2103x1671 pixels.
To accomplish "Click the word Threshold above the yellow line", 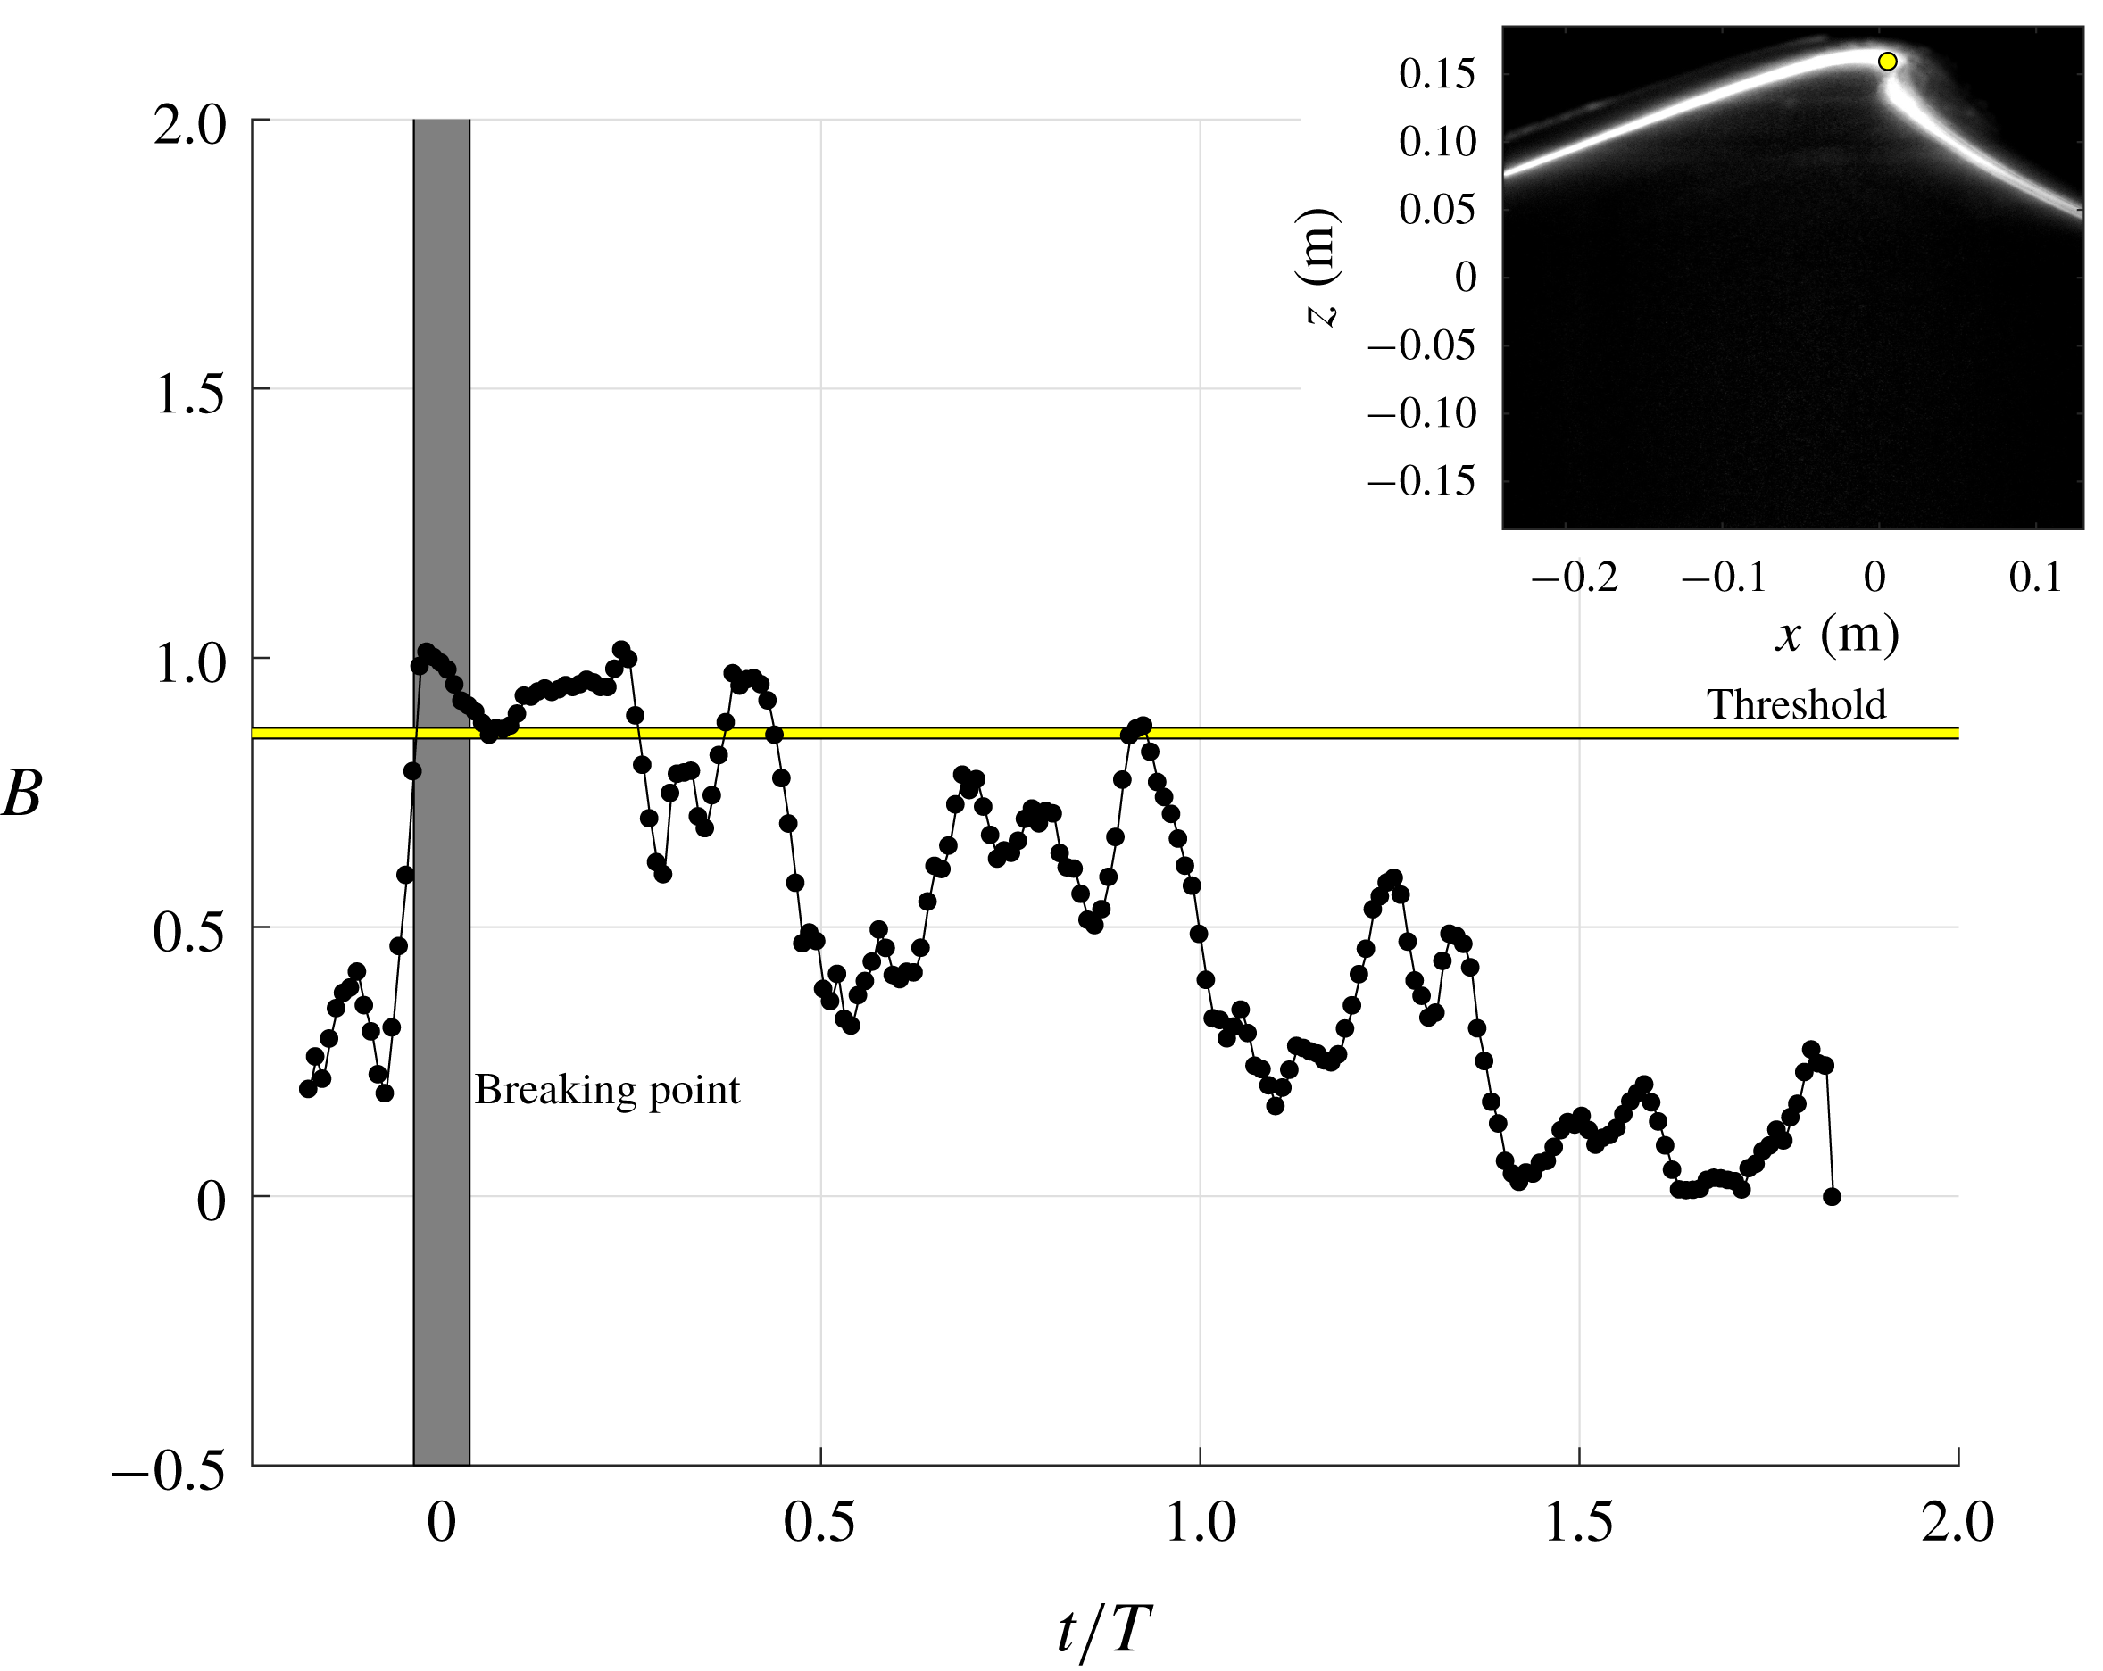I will pos(1796,704).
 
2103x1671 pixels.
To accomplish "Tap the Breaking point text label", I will pos(607,1090).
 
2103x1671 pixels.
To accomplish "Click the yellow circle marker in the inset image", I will pos(1887,62).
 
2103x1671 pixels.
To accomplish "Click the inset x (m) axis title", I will pos(1836,635).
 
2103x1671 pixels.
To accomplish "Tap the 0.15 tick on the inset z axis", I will pos(1437,74).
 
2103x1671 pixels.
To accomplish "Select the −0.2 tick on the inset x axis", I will pos(1574,578).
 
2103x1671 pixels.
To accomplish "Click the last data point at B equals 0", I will pos(1832,1197).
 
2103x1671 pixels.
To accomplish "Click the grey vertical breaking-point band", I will pos(441,1268).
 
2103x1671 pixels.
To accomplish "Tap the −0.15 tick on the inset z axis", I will pos(1421,481).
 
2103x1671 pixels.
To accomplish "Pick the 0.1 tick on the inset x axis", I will pos(2035,578).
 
